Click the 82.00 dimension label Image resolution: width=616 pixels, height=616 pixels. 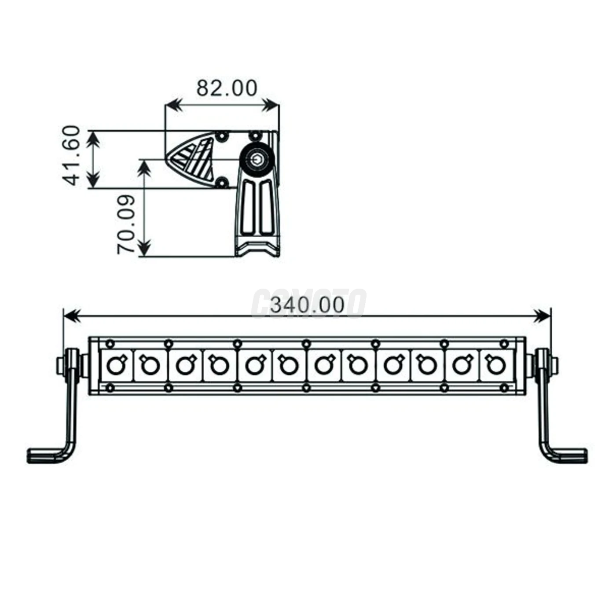pyautogui.click(x=227, y=88)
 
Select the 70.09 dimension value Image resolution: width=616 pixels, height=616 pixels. pyautogui.click(x=126, y=224)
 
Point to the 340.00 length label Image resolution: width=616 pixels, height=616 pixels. pyautogui.click(x=307, y=305)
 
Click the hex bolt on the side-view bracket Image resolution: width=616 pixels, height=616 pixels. pyautogui.click(x=256, y=159)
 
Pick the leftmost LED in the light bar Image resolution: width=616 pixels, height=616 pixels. pyautogui.click(x=116, y=365)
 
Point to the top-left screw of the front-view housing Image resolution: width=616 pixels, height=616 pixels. pyautogui.click(x=110, y=343)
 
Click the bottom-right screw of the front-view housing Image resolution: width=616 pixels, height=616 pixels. pyautogui.click(x=505, y=388)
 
